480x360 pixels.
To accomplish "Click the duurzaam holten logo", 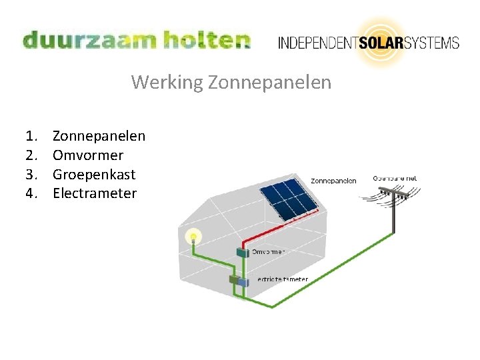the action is (137, 41).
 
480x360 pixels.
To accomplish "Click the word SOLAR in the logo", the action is (381, 43).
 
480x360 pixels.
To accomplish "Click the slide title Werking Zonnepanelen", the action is (231, 83).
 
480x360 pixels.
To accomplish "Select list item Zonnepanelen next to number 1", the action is (99, 136).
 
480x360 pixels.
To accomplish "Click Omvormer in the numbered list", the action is (88, 155).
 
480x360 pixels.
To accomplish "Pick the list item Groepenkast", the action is (94, 175).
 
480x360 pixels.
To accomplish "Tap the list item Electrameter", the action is (95, 194).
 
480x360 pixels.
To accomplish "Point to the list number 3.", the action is (31, 175).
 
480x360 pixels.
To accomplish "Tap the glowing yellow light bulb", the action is (193, 235).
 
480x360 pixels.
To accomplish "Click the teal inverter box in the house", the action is (241, 253).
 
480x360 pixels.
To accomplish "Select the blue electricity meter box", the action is (243, 283).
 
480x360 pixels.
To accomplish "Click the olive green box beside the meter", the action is (234, 280).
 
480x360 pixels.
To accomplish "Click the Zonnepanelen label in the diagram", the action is (334, 180).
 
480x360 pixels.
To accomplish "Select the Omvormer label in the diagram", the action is (269, 252).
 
